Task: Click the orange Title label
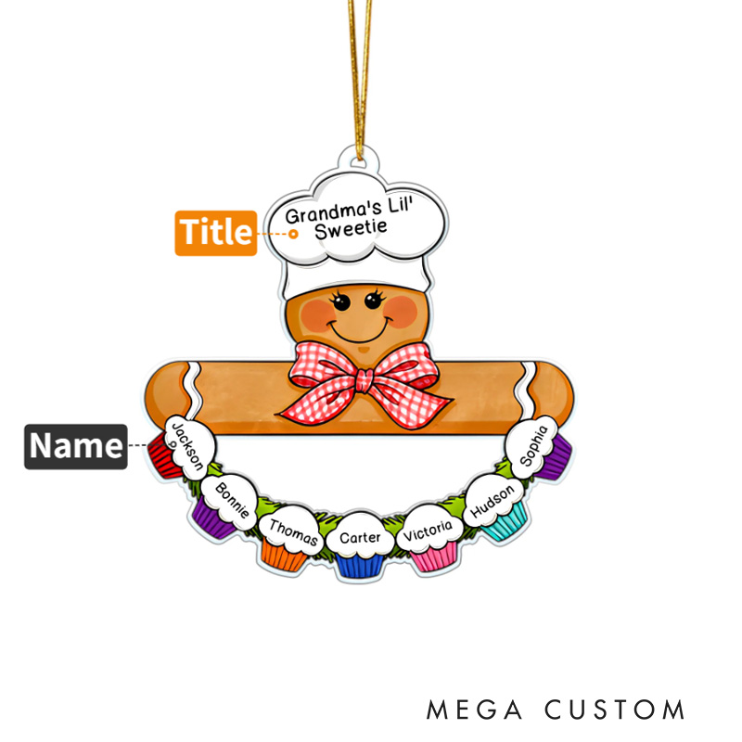click(x=215, y=232)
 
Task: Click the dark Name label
click(x=75, y=446)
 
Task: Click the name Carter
click(x=359, y=537)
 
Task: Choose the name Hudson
click(x=492, y=502)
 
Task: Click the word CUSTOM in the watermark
click(x=615, y=710)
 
